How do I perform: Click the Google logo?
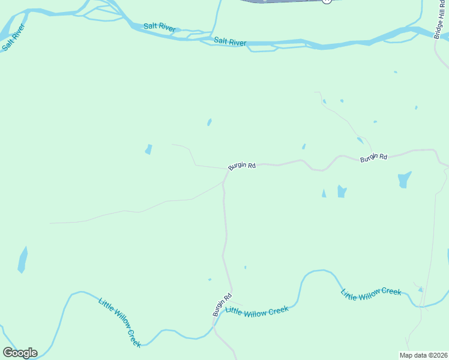pyautogui.click(x=20, y=353)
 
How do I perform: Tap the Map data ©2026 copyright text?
pyautogui.click(x=423, y=355)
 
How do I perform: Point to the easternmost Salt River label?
pyautogui.click(x=230, y=41)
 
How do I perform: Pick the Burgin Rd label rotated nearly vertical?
pyautogui.click(x=221, y=305)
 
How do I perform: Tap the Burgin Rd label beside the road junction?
pyautogui.click(x=242, y=166)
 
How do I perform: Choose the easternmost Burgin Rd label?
pyautogui.click(x=373, y=157)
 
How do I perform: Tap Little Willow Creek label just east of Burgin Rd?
pyautogui.click(x=257, y=310)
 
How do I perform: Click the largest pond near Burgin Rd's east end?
pyautogui.click(x=405, y=179)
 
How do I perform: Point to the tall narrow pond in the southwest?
pyautogui.click(x=23, y=260)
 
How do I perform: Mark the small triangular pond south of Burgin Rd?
pyautogui.click(x=324, y=193)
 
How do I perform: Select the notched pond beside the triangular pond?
pyautogui.click(x=342, y=191)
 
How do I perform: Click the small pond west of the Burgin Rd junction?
pyautogui.click(x=148, y=149)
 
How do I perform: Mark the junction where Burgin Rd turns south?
pyautogui.click(x=226, y=170)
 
